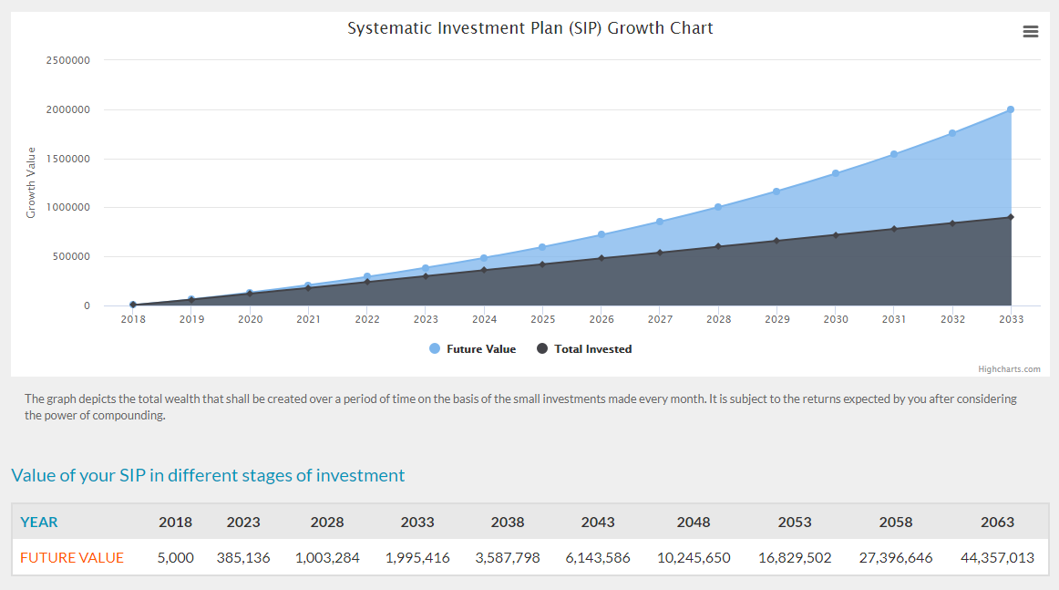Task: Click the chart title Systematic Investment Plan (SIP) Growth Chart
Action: pyautogui.click(x=529, y=28)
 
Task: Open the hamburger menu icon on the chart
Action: pyautogui.click(x=1031, y=32)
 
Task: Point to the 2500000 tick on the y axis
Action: pyautogui.click(x=68, y=60)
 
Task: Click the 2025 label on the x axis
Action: pyautogui.click(x=543, y=320)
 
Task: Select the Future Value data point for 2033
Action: pyautogui.click(x=1011, y=109)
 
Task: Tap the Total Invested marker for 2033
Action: pyautogui.click(x=1011, y=217)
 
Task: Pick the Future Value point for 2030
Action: pyautogui.click(x=836, y=173)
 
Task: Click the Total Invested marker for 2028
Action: pyautogui.click(x=718, y=246)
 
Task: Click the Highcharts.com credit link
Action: pyautogui.click(x=1009, y=369)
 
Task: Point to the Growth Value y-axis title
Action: pyautogui.click(x=31, y=182)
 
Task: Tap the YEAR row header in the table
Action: pyautogui.click(x=39, y=523)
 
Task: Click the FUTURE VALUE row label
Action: pyautogui.click(x=72, y=557)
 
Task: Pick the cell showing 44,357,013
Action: pyautogui.click(x=997, y=557)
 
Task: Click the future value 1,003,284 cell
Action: pyautogui.click(x=327, y=557)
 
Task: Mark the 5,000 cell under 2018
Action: pyautogui.click(x=175, y=557)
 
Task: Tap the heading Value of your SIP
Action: pyautogui.click(x=208, y=475)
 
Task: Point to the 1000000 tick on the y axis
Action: pyautogui.click(x=68, y=208)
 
